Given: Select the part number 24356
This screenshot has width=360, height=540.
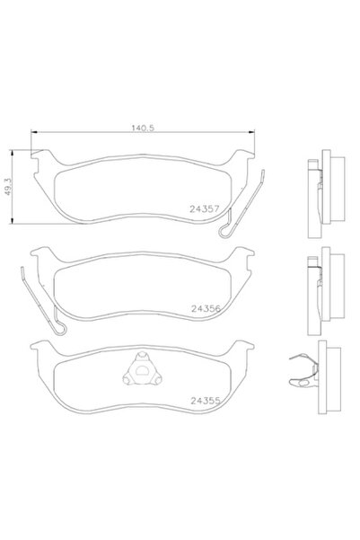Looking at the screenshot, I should pos(206,306).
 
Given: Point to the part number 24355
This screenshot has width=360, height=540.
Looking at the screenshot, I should pos(206,401).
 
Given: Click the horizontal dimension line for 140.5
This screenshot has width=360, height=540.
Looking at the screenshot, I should pos(90,134).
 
